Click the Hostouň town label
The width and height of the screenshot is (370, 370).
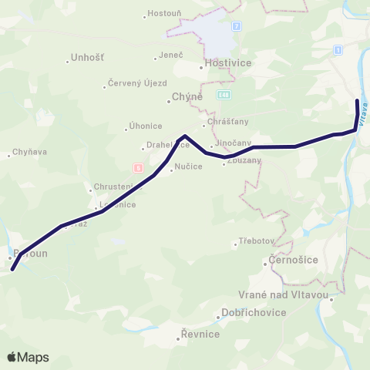pos(163,15)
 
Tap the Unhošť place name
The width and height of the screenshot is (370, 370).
pos(87,58)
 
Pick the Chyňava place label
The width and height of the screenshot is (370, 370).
pos(30,153)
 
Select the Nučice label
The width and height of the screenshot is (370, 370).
pos(188,166)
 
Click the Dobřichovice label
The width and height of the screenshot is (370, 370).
pos(254,312)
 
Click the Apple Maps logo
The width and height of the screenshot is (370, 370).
pos(29,357)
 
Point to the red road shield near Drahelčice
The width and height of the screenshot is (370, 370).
pos(138,167)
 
